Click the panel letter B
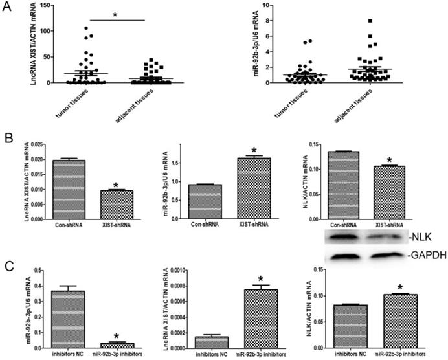pyautogui.click(x=7, y=139)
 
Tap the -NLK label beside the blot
pyautogui.click(x=408, y=238)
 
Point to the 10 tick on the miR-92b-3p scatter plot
pyautogui.click(x=257, y=5)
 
